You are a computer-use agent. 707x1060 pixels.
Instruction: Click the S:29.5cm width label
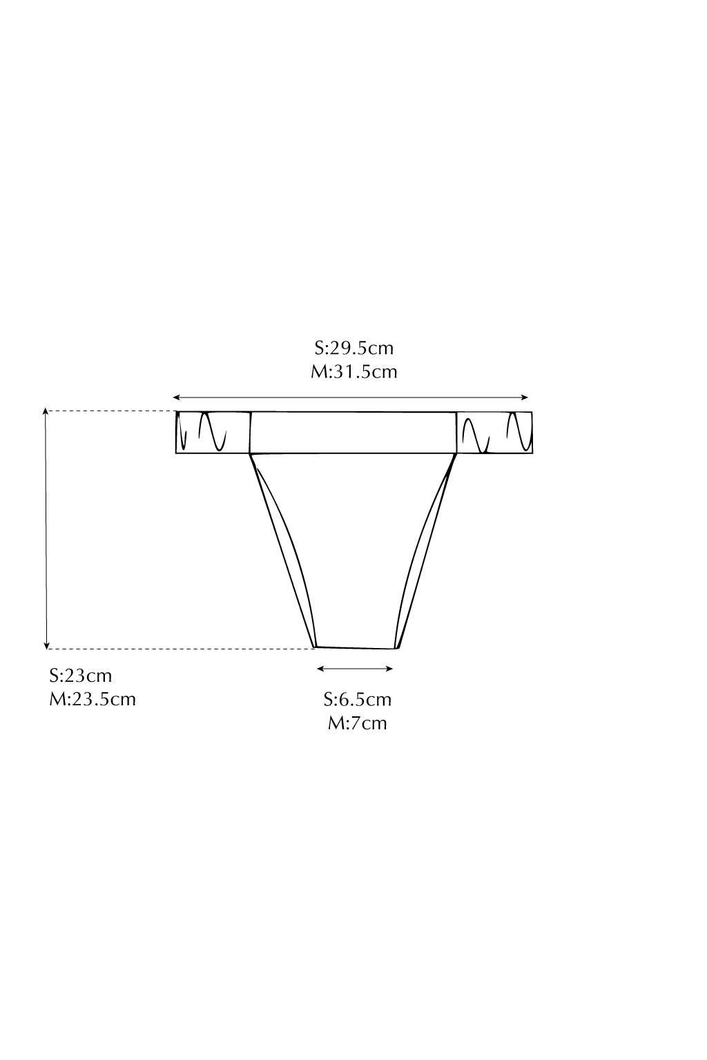pos(353,349)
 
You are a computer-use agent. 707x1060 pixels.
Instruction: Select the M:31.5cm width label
pos(353,372)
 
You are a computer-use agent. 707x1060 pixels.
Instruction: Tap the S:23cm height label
pos(81,676)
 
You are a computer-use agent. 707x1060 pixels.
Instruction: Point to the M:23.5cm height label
pos(93,699)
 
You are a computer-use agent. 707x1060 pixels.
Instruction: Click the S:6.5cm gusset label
pos(358,700)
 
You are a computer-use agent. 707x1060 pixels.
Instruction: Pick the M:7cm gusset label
pos(358,723)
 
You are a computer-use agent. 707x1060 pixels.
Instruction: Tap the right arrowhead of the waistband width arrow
pos(524,397)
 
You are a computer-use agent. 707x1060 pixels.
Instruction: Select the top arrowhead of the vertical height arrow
pos(46,411)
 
